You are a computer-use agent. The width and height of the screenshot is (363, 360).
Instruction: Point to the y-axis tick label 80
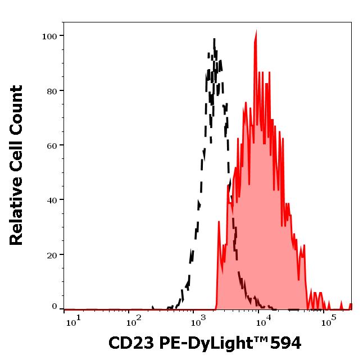52,91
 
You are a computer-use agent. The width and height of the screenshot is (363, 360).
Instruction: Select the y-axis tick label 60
52,145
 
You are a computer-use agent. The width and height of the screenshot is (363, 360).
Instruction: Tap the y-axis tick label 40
52,200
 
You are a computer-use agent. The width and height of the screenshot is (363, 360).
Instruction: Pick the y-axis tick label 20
52,254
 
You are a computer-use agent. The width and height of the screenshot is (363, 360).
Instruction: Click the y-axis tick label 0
55,307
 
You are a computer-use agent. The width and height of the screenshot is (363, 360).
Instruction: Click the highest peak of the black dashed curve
214,39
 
